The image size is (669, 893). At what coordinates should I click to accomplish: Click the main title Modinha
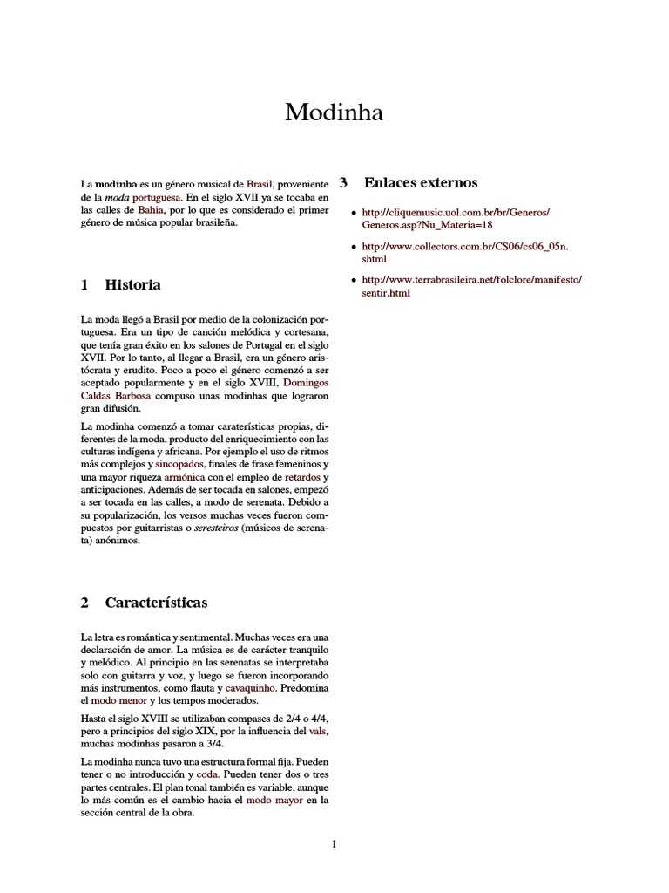pyautogui.click(x=334, y=112)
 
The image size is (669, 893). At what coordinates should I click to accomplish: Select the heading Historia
pyautogui.click(x=132, y=285)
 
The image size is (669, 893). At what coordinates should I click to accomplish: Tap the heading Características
pyautogui.click(x=156, y=603)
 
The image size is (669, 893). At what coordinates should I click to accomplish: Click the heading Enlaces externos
pyautogui.click(x=421, y=183)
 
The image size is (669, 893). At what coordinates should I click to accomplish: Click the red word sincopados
pyautogui.click(x=179, y=466)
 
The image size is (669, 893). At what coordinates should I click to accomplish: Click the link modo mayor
pyautogui.click(x=274, y=799)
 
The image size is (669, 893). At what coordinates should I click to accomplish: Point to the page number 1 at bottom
pyautogui.click(x=334, y=843)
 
